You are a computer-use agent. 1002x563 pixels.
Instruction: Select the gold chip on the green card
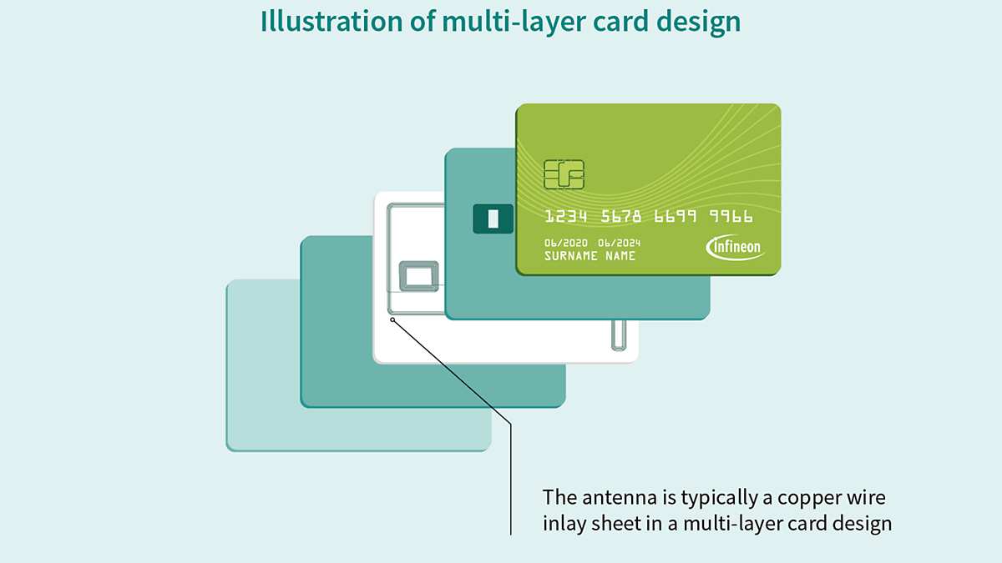[x=564, y=173]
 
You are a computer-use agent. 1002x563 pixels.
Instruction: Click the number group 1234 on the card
[x=566, y=217]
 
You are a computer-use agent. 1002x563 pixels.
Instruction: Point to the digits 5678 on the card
[x=621, y=217]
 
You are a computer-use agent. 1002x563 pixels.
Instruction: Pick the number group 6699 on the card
[x=676, y=217]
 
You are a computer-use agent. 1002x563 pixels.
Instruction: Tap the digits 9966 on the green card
[x=731, y=217]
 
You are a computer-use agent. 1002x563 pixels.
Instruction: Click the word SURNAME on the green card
[x=571, y=256]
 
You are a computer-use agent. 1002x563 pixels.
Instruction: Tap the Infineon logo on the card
[x=735, y=247]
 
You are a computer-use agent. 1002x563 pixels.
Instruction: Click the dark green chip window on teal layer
[x=493, y=219]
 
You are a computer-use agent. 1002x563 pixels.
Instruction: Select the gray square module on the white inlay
[x=418, y=276]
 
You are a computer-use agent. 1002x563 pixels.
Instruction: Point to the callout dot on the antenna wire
[x=392, y=319]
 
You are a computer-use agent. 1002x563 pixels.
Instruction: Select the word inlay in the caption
[x=564, y=524]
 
